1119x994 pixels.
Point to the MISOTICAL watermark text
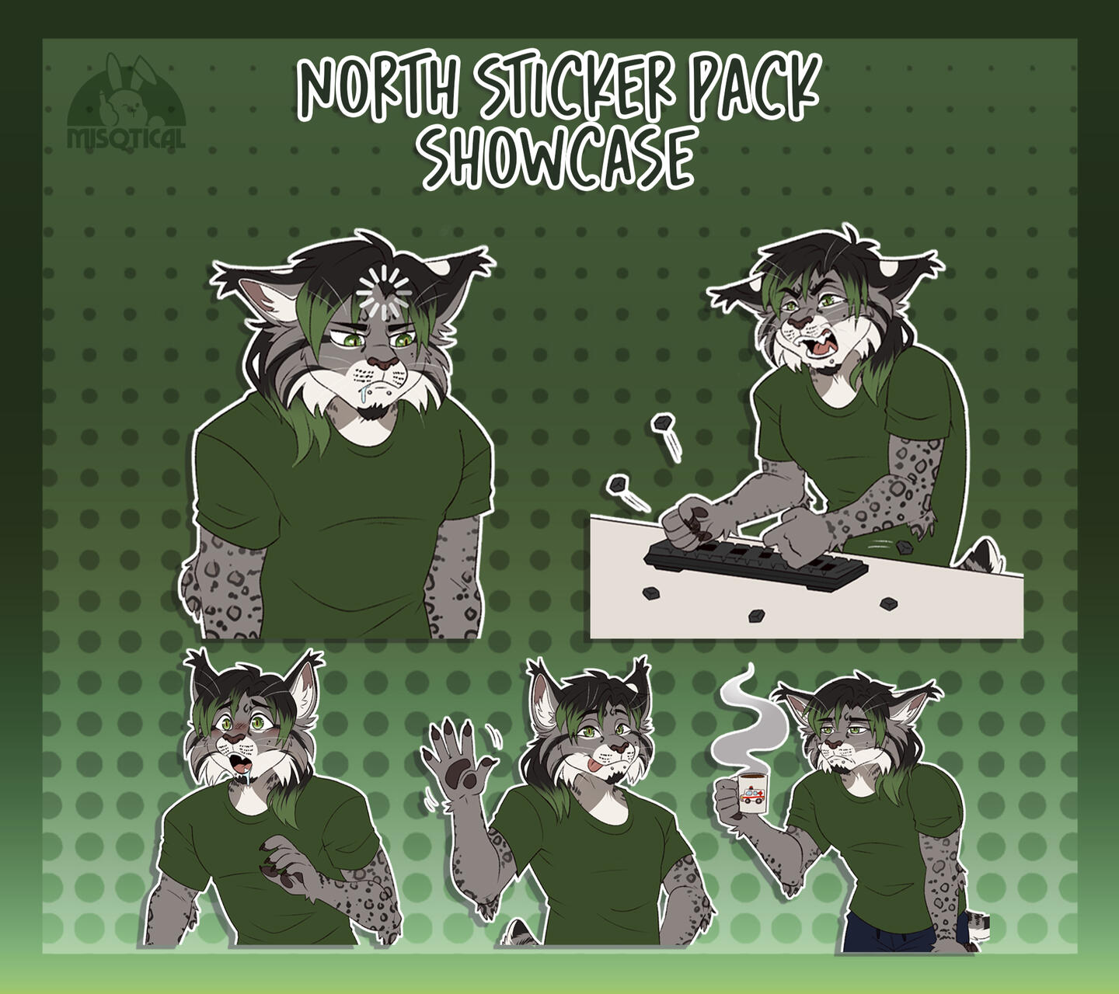click(x=126, y=138)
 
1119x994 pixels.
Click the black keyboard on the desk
click(x=755, y=562)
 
